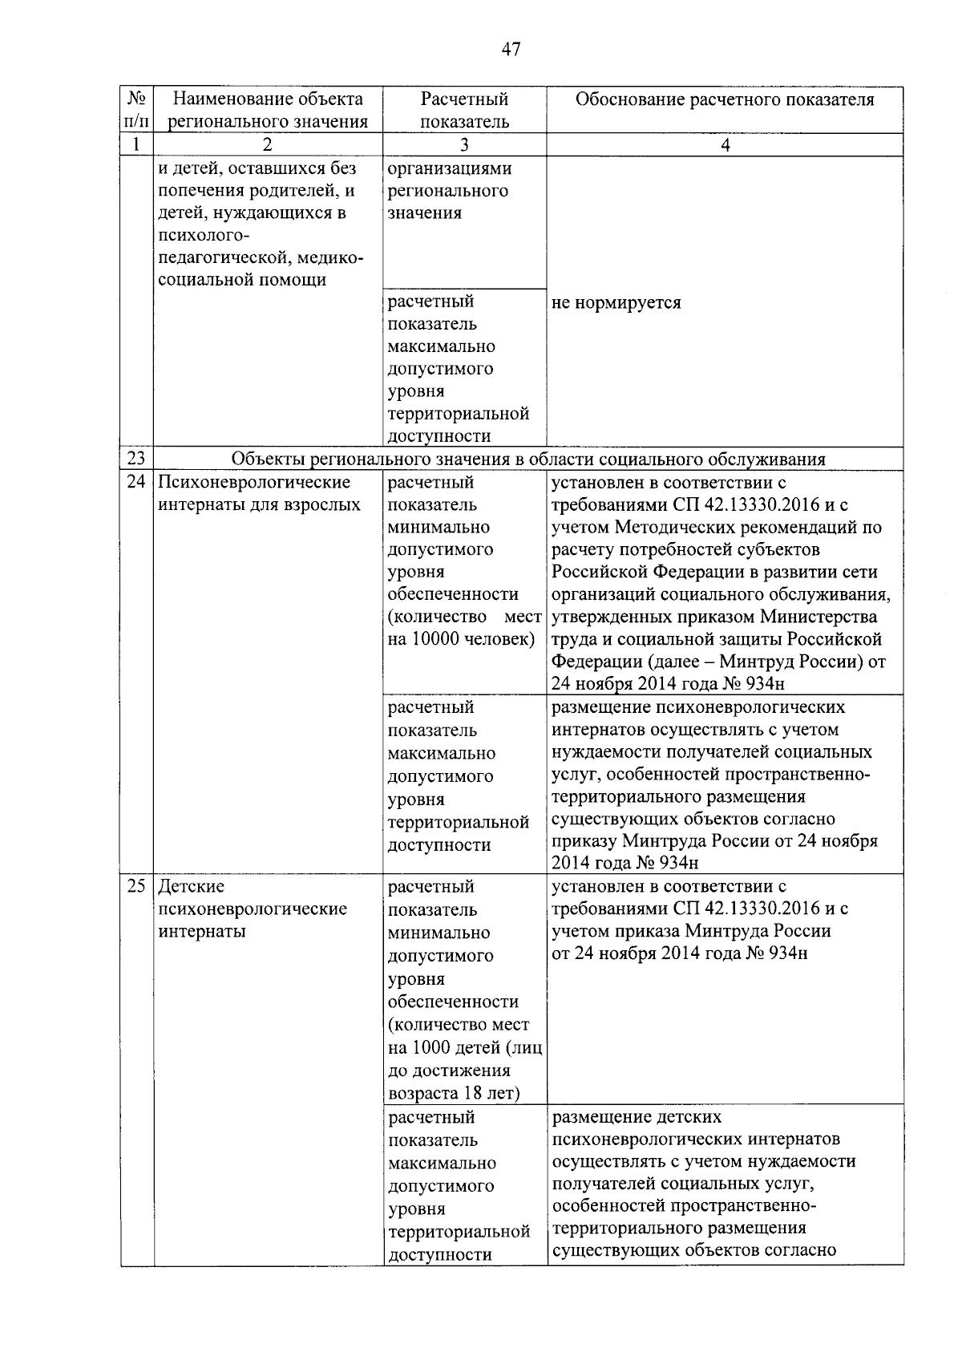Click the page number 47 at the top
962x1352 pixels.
point(511,50)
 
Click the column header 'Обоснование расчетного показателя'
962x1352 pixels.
point(725,99)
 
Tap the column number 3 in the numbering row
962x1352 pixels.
point(464,145)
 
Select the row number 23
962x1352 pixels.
point(136,459)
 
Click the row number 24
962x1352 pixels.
point(136,482)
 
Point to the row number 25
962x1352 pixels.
point(136,886)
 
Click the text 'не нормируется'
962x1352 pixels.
point(616,302)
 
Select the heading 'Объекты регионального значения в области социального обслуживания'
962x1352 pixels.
point(528,459)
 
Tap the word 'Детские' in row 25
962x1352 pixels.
point(192,886)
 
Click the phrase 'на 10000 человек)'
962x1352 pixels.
point(461,639)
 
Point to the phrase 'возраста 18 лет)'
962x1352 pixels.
point(454,1093)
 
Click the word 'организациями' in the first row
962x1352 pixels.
point(450,168)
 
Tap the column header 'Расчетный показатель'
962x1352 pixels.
point(464,111)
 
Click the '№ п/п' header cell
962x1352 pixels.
point(136,110)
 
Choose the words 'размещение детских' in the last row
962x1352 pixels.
point(637,1117)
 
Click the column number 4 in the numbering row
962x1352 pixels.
point(725,145)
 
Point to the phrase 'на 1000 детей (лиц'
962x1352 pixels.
point(464,1047)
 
